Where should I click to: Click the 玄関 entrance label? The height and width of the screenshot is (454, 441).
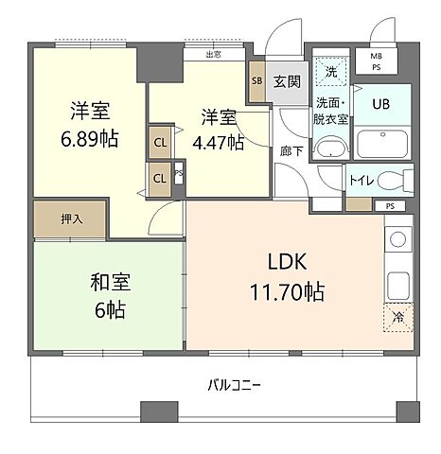tap(288, 81)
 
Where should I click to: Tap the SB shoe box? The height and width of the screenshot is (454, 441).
tap(257, 81)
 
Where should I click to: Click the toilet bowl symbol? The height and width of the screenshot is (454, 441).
tap(404, 180)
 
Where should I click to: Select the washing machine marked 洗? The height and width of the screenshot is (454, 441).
tap(330, 70)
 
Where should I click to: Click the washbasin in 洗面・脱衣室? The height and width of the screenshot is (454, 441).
tap(331, 148)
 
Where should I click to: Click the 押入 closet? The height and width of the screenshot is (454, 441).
tap(72, 218)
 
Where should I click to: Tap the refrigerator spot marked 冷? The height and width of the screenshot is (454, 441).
tap(399, 319)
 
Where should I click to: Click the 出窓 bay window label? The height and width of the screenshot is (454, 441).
tap(214, 54)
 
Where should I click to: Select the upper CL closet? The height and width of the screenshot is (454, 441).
tap(160, 143)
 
